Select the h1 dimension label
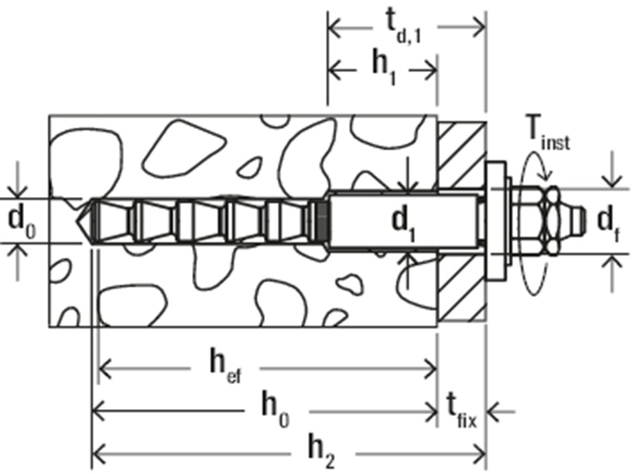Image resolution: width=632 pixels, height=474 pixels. [384, 68]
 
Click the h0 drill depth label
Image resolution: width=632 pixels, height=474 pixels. [276, 410]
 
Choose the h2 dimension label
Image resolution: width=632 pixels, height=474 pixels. [322, 453]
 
